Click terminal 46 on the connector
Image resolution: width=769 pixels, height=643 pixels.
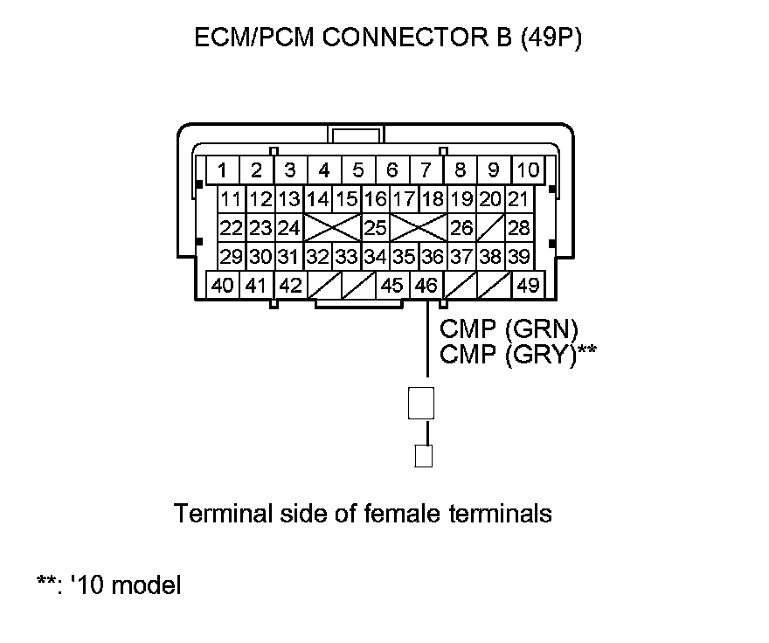click(x=426, y=285)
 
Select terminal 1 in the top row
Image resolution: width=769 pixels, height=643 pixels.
click(x=223, y=169)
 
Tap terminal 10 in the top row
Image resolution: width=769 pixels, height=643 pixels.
click(x=528, y=169)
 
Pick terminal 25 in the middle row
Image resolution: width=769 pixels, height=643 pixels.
click(x=375, y=228)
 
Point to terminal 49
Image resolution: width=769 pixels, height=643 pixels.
click(x=528, y=285)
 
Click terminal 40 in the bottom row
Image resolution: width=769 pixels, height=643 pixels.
click(x=223, y=285)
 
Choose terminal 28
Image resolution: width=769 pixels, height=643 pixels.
click(x=519, y=228)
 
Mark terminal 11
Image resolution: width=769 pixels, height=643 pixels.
click(x=231, y=199)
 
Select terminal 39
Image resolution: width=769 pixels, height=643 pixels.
click(x=519, y=257)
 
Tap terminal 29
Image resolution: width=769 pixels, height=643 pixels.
click(x=231, y=257)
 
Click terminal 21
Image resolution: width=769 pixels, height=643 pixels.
click(x=519, y=199)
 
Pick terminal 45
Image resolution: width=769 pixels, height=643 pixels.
click(x=393, y=285)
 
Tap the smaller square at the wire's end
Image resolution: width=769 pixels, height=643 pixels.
click(x=424, y=456)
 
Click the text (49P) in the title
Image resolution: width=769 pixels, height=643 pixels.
click(x=551, y=40)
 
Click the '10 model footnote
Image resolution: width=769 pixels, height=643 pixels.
click(x=109, y=584)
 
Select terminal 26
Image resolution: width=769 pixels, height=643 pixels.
click(x=461, y=228)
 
